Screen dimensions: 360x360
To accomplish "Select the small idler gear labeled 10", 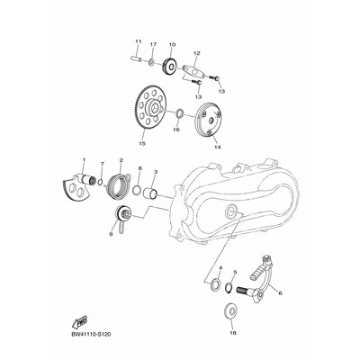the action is coord(170,66).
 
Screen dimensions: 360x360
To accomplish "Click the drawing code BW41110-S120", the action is coord(91,334).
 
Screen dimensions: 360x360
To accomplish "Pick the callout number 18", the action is coord(232,333).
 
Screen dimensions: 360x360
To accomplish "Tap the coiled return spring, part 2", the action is coord(116,186).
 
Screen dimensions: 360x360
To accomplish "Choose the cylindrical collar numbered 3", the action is coord(151,193).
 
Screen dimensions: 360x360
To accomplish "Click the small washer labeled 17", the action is coord(152,62).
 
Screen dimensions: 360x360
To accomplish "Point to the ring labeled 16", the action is coord(179,113).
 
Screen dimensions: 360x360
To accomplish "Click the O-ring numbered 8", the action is coord(137,190).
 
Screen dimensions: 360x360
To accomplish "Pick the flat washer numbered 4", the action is coord(215,283).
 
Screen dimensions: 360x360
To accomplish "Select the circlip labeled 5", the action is coord(229,285).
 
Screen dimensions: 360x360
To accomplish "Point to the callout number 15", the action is coord(142,143).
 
